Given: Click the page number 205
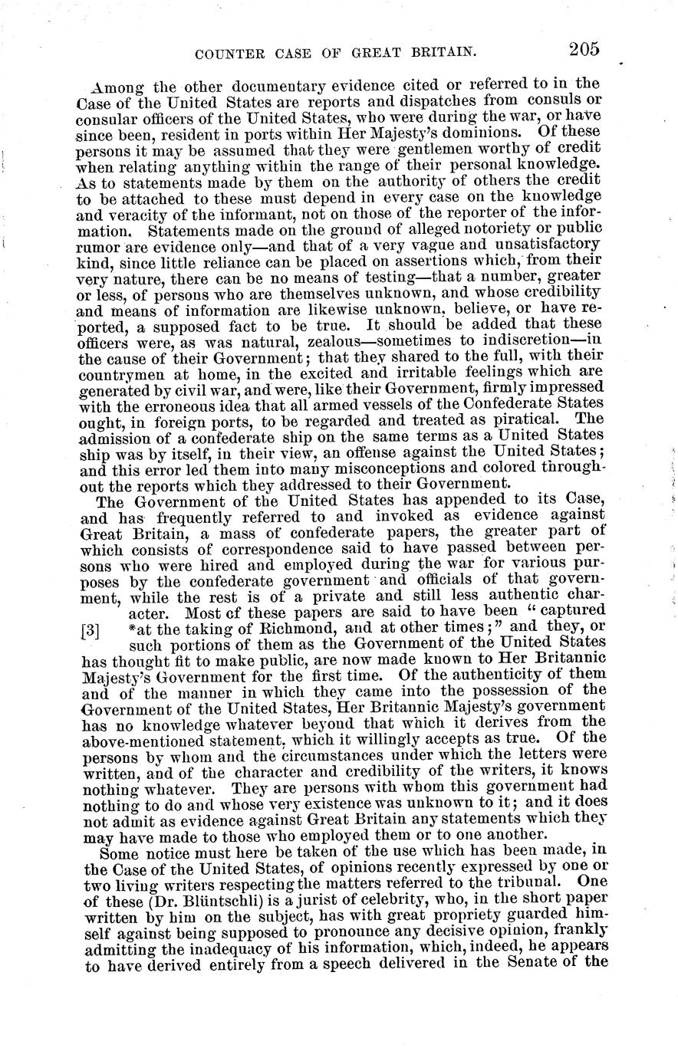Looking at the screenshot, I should pos(584,51).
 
